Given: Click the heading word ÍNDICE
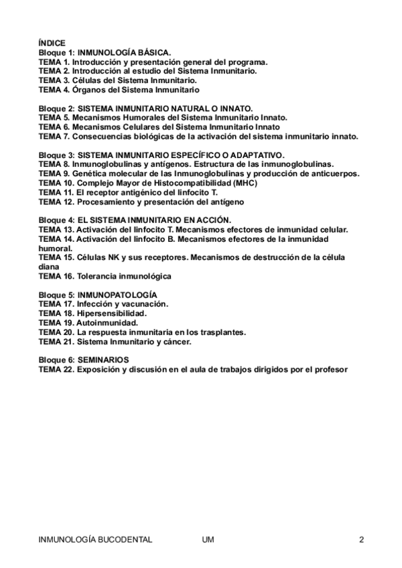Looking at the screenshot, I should [52, 42].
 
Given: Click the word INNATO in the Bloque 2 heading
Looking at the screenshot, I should [236, 108].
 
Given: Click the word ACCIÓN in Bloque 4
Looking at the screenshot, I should [214, 220].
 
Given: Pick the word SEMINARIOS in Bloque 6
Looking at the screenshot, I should [104, 360].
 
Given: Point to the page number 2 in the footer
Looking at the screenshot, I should [361, 539].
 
